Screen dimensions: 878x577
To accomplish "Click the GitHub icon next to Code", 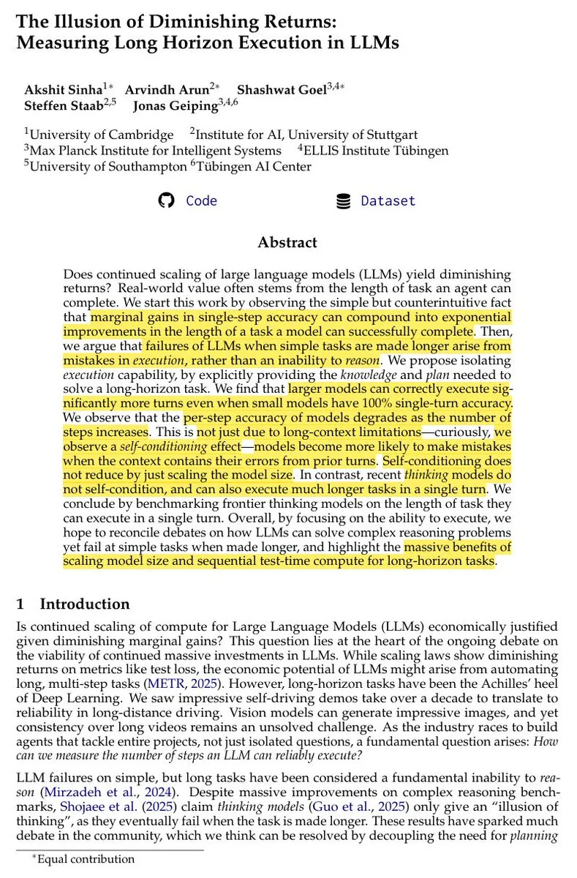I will (167, 200).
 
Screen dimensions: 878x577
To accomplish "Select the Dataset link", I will (388, 200).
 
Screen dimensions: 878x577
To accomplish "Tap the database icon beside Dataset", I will (343, 201).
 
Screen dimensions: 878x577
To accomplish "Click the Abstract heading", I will (287, 242).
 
